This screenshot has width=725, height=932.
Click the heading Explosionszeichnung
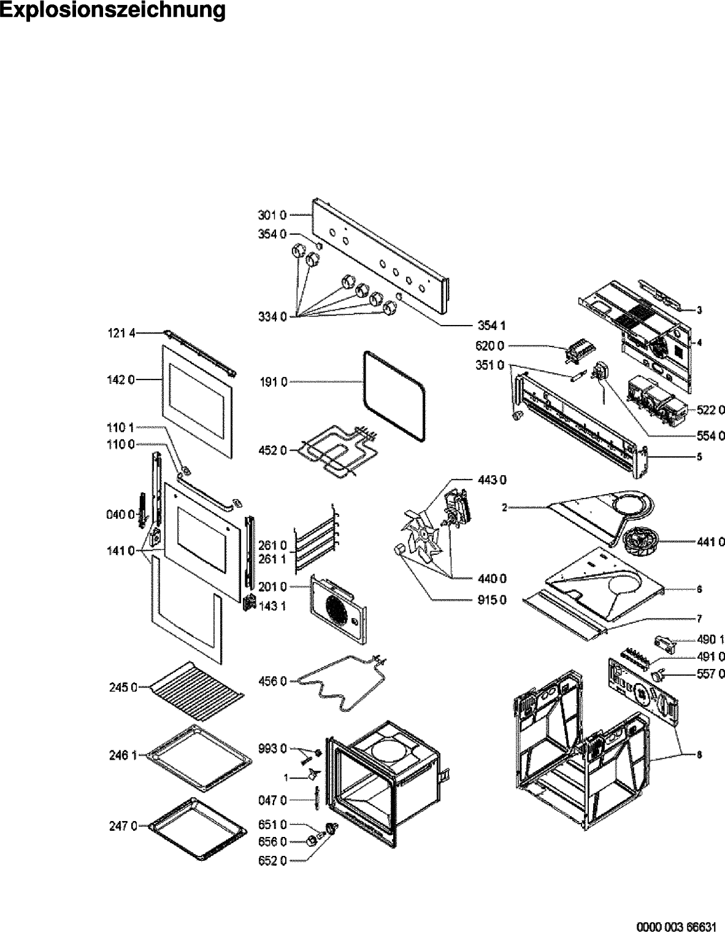coord(112,10)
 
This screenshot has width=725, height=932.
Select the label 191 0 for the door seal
coord(272,382)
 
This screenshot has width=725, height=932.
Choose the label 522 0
coord(710,410)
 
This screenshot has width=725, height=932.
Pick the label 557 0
coord(710,674)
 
